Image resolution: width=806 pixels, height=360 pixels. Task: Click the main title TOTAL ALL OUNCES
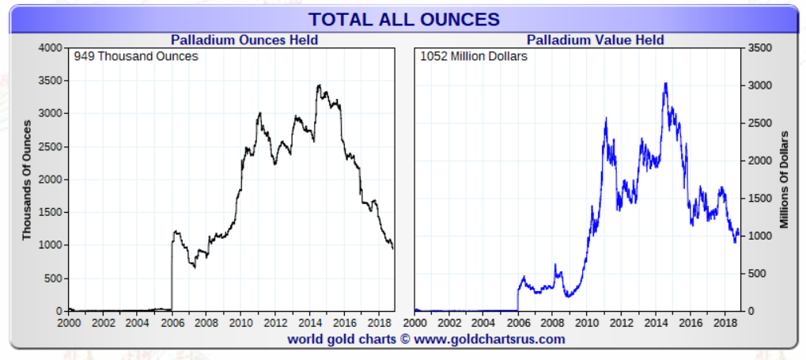click(x=403, y=19)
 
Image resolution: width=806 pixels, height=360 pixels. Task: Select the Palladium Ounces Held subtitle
click(x=244, y=40)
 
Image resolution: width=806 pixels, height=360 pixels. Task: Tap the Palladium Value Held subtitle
click(x=595, y=40)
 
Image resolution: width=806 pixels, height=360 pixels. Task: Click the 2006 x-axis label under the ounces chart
click(x=172, y=323)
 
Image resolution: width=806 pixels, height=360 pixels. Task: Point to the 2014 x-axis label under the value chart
click(x=657, y=323)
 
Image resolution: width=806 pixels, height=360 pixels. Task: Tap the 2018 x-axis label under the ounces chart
click(x=379, y=323)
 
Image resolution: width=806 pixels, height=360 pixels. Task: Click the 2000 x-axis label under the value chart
click(x=414, y=323)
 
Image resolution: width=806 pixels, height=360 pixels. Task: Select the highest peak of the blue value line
click(x=665, y=83)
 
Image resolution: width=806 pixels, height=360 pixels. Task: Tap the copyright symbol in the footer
click(x=403, y=339)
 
